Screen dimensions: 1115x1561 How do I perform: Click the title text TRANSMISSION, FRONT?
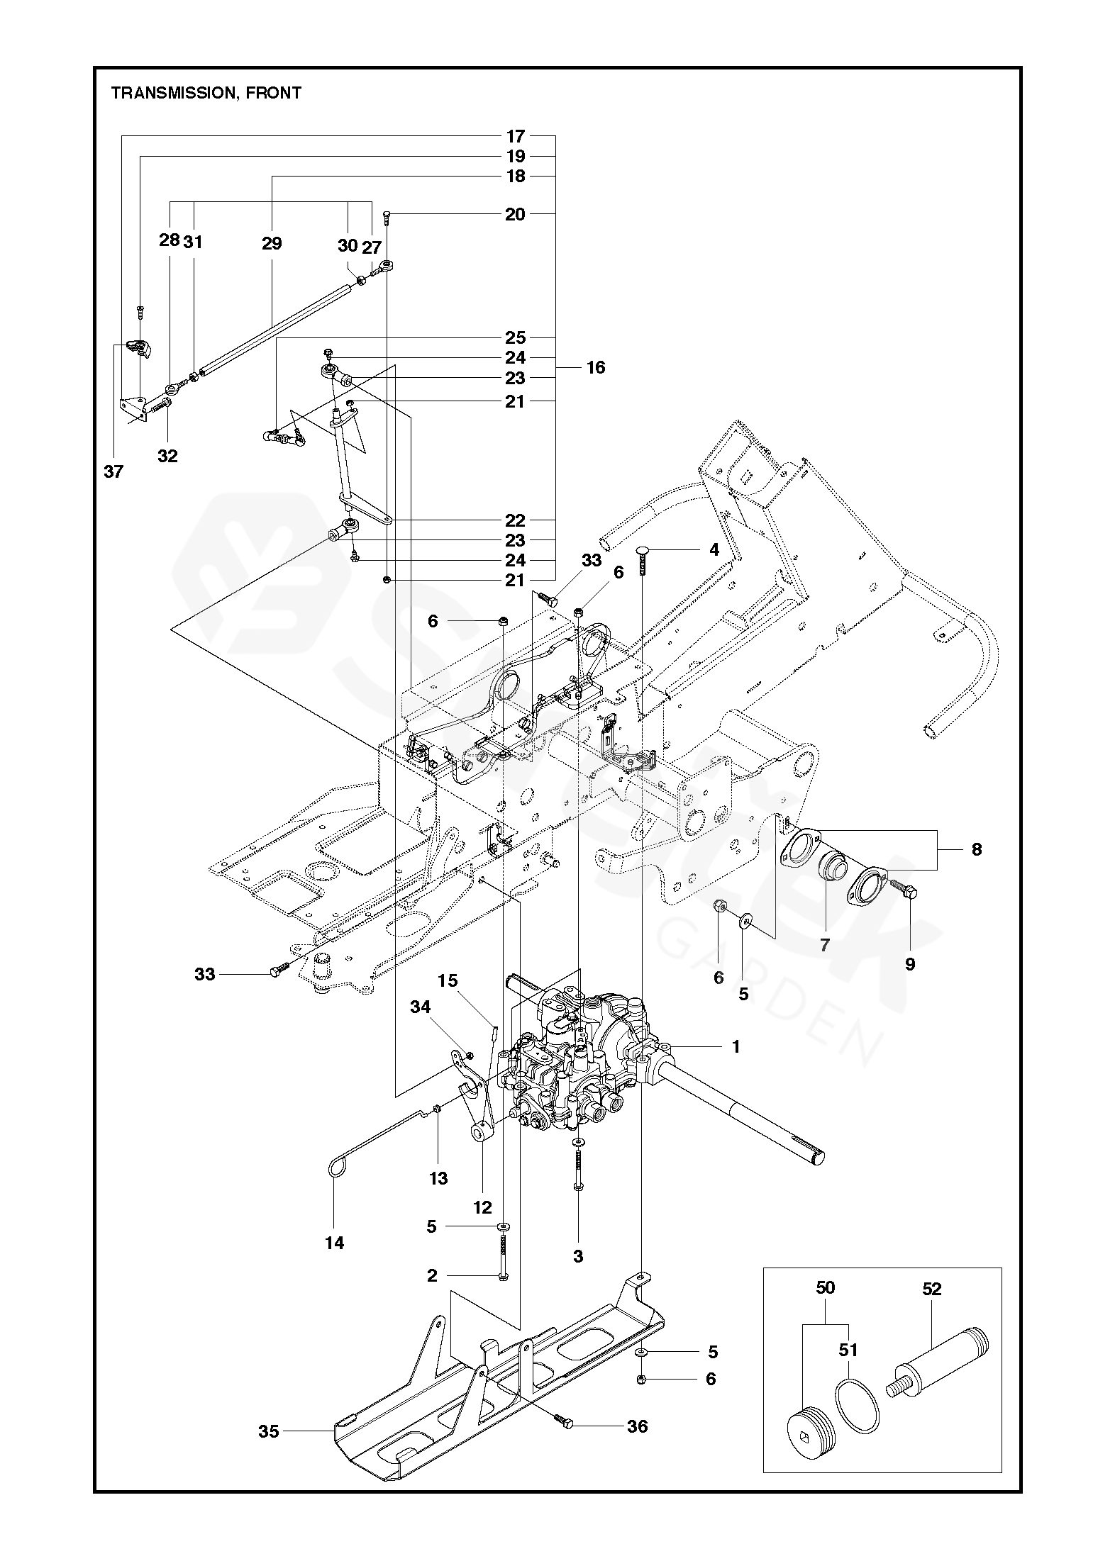point(206,93)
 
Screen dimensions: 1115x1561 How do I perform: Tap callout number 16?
point(596,367)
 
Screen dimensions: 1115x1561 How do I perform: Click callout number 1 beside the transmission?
point(736,1046)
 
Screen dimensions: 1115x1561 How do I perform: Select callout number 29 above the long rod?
point(272,243)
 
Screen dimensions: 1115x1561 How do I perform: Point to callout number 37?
point(113,471)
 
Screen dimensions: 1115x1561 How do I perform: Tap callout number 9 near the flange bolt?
point(910,964)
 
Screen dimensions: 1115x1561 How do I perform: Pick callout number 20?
point(515,214)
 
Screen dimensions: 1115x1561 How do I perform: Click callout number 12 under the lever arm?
point(482,1207)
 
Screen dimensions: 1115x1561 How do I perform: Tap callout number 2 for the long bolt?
point(432,1276)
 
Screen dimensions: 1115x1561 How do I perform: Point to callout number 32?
point(167,456)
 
